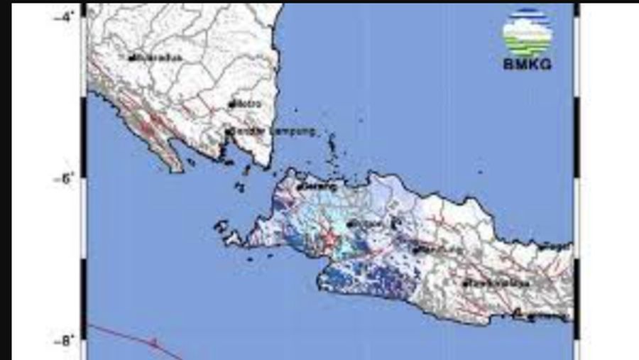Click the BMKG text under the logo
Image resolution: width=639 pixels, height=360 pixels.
[x=527, y=65]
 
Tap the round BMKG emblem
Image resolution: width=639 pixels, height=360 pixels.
[x=527, y=31]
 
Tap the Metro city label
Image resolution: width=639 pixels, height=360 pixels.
[x=248, y=104]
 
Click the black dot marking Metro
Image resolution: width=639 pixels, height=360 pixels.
[x=231, y=104]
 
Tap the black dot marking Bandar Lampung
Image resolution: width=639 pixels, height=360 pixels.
[x=228, y=131]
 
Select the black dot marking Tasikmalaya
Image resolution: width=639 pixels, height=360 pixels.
[x=464, y=284]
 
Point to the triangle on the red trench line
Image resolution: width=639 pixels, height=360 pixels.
[x=153, y=342]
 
